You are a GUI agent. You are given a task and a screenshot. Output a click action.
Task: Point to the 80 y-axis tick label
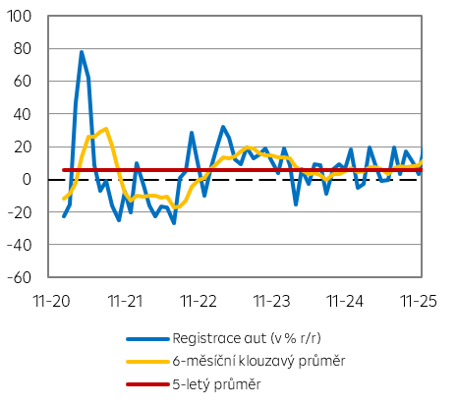[23, 49]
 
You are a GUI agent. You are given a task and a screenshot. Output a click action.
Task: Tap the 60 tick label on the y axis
[23, 82]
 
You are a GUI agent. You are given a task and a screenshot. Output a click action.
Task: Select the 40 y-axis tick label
[23, 114]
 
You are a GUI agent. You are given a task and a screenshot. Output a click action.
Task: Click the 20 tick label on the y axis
[23, 146]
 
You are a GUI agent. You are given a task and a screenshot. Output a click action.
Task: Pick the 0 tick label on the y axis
[27, 179]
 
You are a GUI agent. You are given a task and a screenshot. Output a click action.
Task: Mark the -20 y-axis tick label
[20, 211]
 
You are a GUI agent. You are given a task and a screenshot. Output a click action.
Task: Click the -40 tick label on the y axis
[20, 244]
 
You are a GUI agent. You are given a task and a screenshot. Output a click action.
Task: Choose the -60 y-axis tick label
[20, 276]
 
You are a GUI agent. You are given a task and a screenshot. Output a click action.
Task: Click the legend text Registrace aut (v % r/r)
[260, 339]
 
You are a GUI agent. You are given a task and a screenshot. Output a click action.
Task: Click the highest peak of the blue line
[82, 52]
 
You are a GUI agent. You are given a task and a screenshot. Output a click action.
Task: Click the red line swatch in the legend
[146, 383]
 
